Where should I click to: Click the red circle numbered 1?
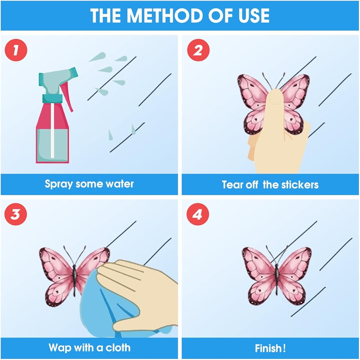coord(16,50)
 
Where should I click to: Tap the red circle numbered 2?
coord(198,50)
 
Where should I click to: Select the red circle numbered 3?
coord(15,214)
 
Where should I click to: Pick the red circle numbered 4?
coord(198,214)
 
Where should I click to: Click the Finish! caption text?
coord(270,348)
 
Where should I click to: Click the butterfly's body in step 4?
coord(276,279)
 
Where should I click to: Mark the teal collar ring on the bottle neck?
coord(52,98)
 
